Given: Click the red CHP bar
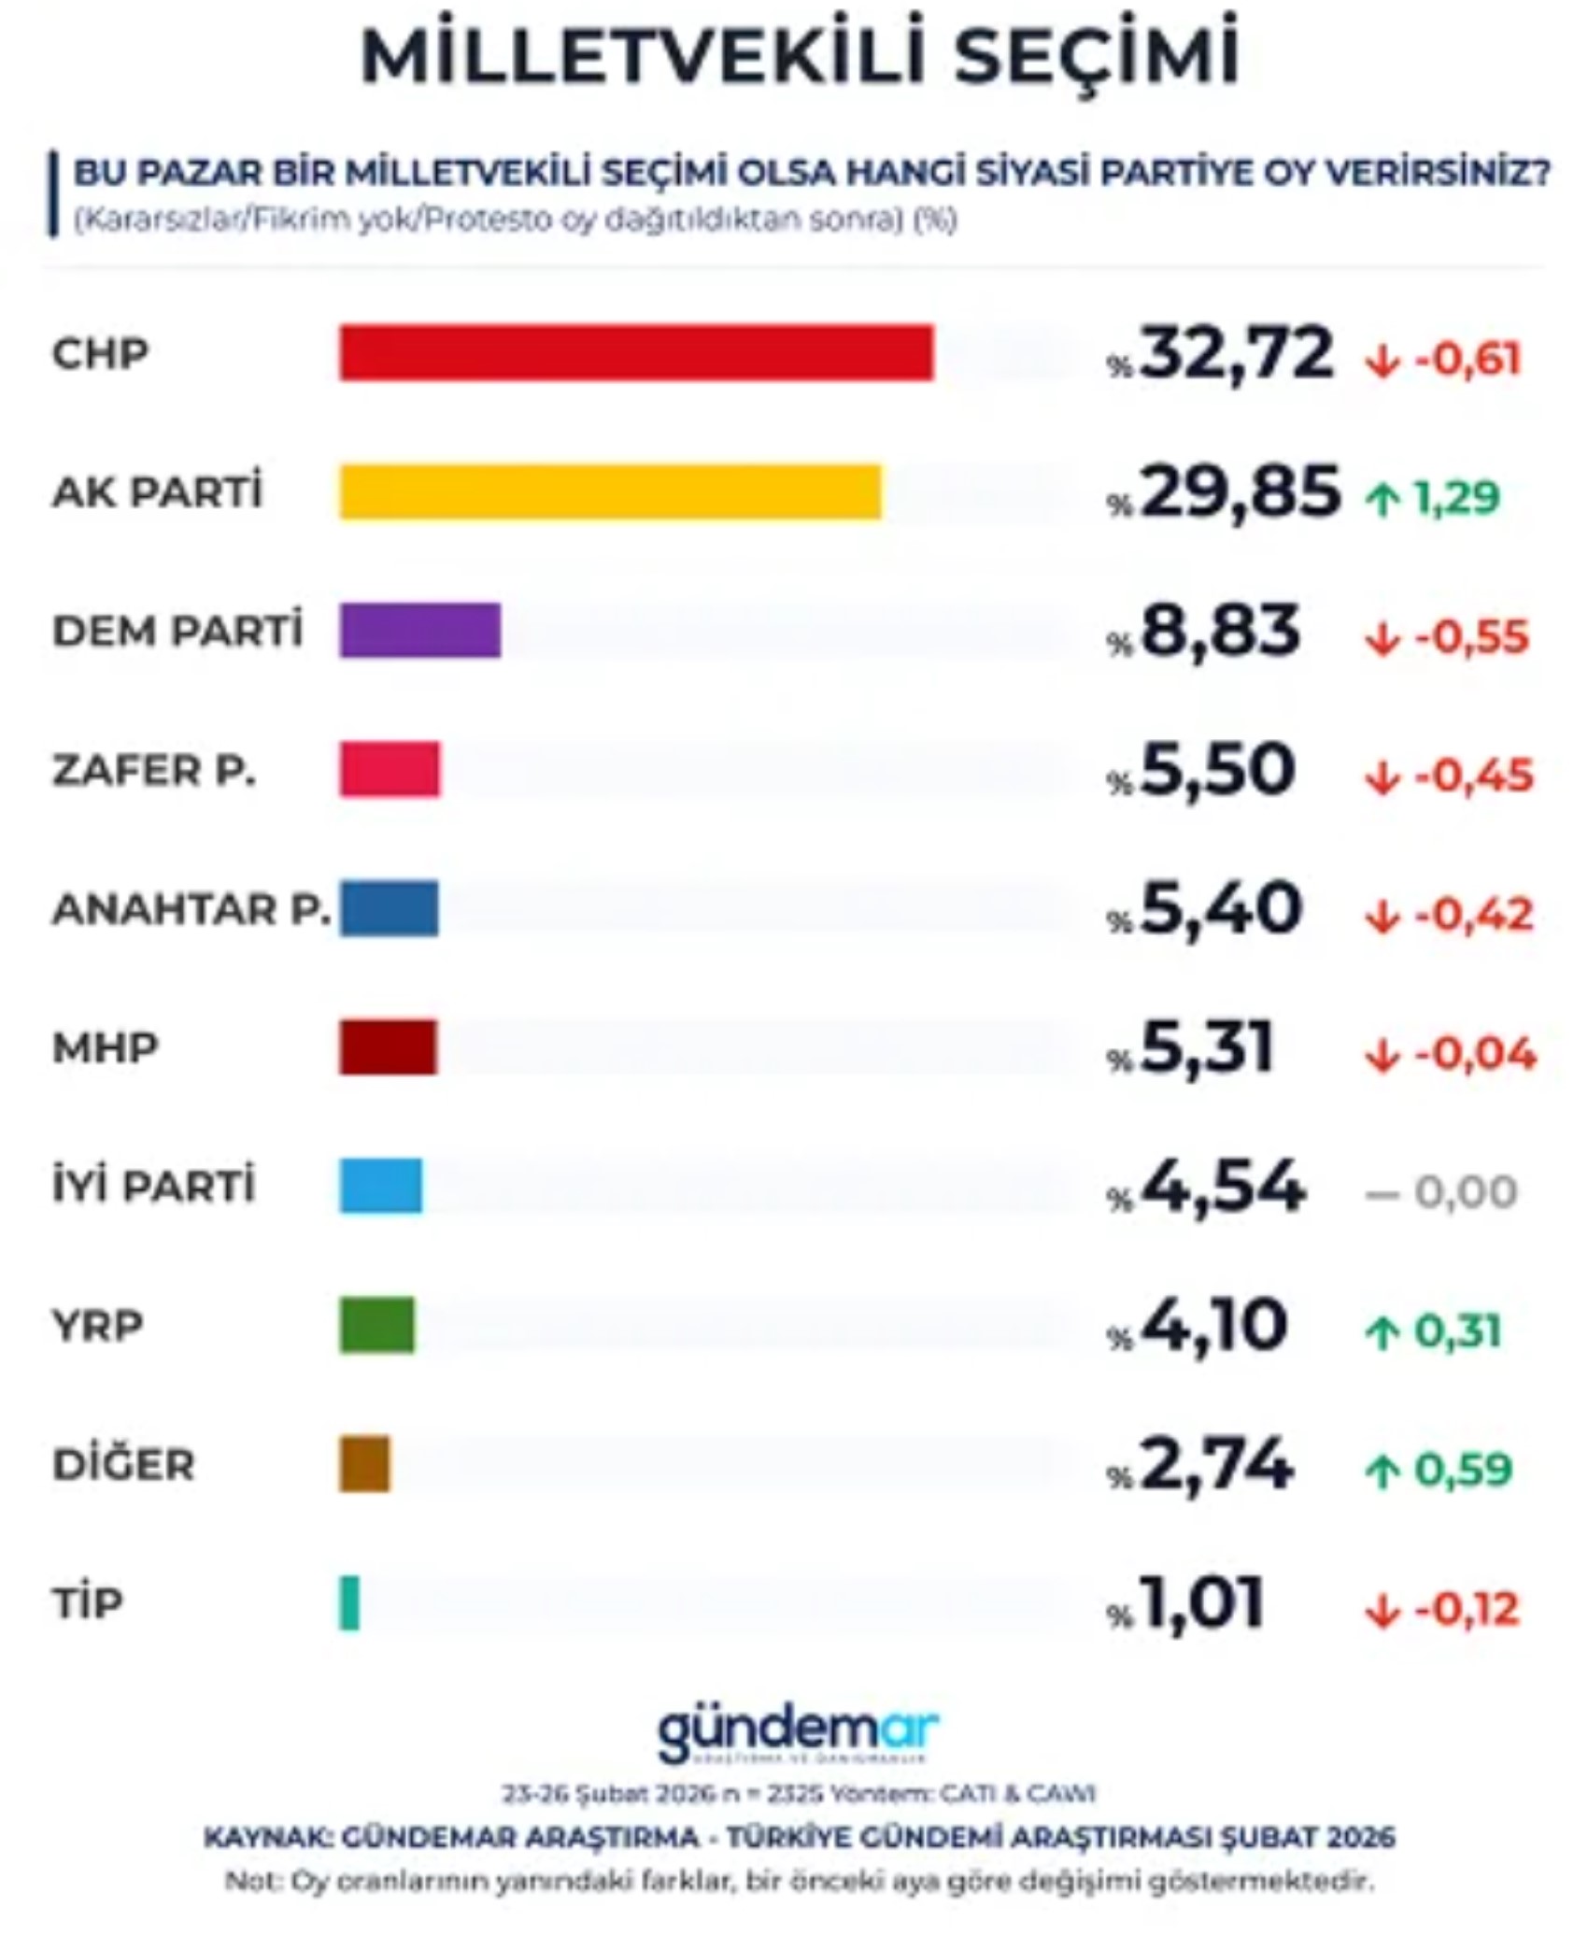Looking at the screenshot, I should tap(635, 353).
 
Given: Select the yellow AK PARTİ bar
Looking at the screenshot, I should tap(609, 491).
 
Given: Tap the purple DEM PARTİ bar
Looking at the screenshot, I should tap(419, 631).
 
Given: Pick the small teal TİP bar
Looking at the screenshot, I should tap(348, 1603).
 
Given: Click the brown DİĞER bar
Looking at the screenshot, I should tap(364, 1464).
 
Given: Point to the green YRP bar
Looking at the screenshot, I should tap(376, 1325).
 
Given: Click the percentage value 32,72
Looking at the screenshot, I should tap(1235, 353).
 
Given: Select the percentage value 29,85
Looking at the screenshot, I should tap(1239, 492).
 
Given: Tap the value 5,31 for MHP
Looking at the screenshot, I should tap(1206, 1047).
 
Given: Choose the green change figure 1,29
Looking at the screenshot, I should tap(1455, 498).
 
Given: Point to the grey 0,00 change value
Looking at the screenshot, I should tap(1464, 1193).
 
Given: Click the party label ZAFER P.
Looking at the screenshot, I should tap(153, 771).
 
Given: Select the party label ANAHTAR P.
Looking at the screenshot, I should tap(191, 909).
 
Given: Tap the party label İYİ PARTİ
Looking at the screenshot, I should tap(153, 1187).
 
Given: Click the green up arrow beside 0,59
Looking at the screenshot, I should tap(1382, 1472).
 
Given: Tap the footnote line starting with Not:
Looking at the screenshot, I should tap(799, 1881).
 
